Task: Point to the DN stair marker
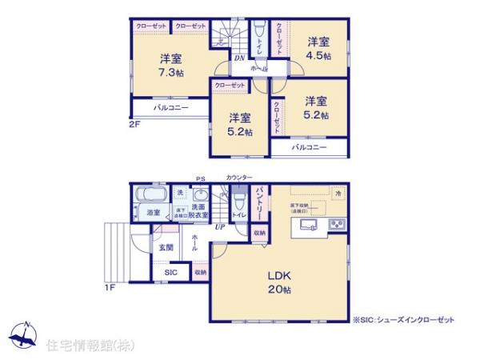239,57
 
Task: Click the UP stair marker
218,228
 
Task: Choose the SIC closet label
170,272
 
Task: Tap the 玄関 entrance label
166,247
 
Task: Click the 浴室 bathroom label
153,213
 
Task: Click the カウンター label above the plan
239,177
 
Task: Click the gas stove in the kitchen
337,222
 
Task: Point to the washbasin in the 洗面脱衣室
199,196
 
